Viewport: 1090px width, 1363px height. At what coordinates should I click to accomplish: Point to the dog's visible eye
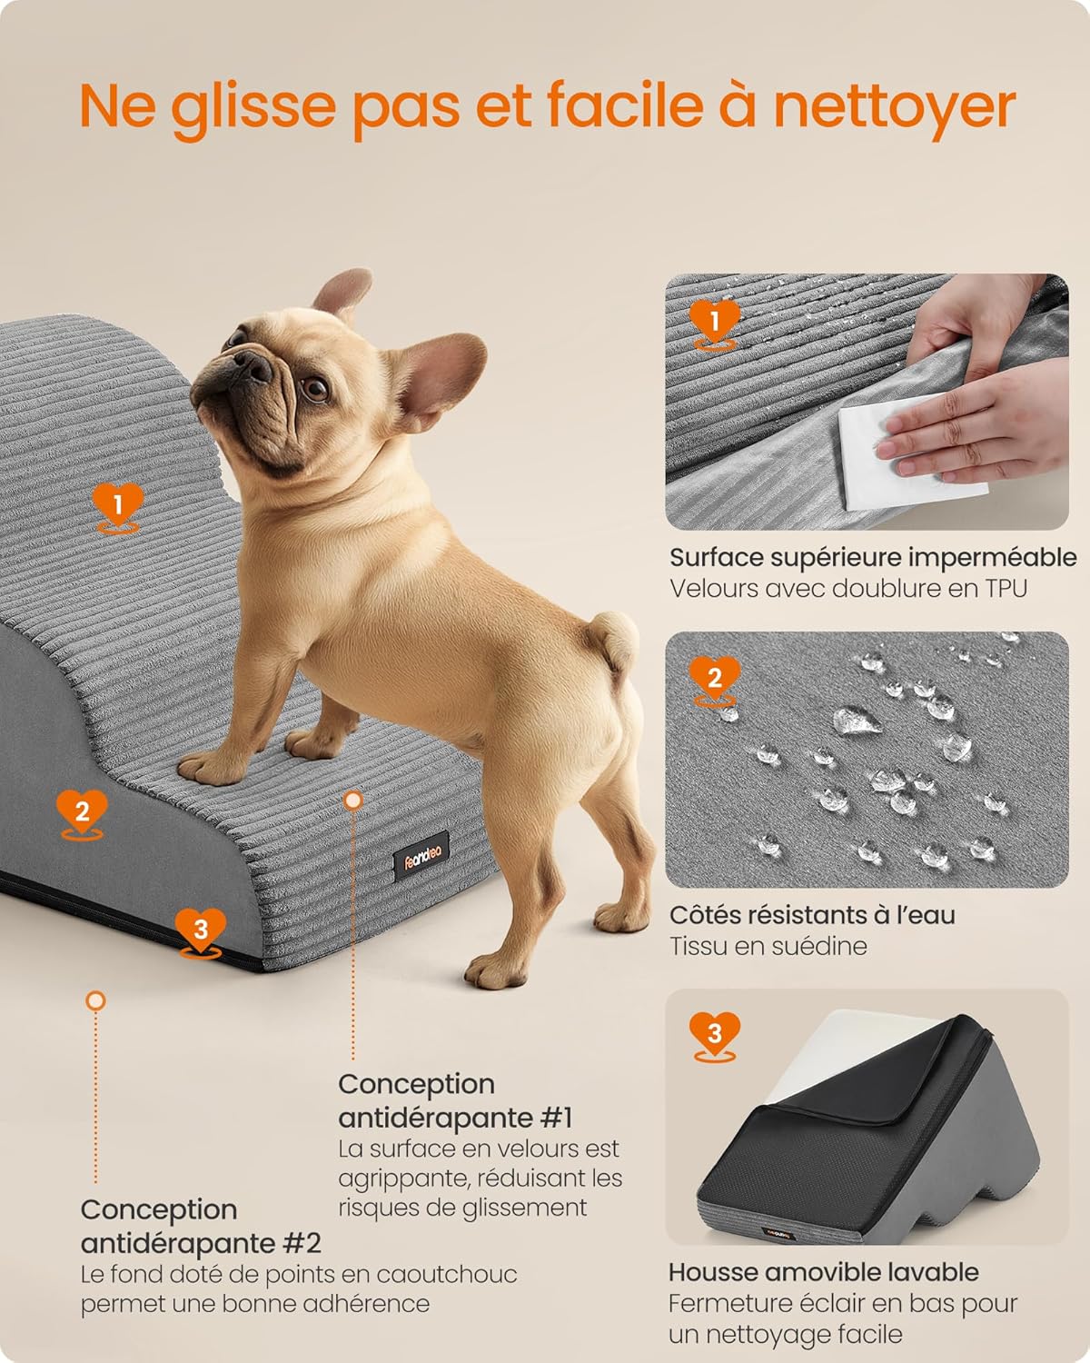click(x=314, y=389)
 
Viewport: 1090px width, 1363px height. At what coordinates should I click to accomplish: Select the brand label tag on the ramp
click(x=422, y=852)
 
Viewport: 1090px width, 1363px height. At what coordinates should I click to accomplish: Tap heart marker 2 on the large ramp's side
click(x=82, y=811)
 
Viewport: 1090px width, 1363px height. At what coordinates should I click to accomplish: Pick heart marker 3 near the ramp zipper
click(x=201, y=930)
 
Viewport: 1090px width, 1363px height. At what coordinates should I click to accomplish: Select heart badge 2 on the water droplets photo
click(x=714, y=678)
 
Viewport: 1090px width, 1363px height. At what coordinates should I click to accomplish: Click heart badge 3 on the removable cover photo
click(x=714, y=1034)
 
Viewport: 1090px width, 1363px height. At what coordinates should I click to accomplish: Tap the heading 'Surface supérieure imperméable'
click(x=879, y=557)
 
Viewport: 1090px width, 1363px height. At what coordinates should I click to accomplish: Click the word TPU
click(x=1005, y=589)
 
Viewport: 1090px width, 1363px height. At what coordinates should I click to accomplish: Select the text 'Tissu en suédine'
click(x=768, y=946)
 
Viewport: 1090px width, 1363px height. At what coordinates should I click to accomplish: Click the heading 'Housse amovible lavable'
click(x=823, y=1272)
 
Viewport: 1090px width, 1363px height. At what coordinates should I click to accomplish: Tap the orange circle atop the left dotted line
click(x=95, y=1000)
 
